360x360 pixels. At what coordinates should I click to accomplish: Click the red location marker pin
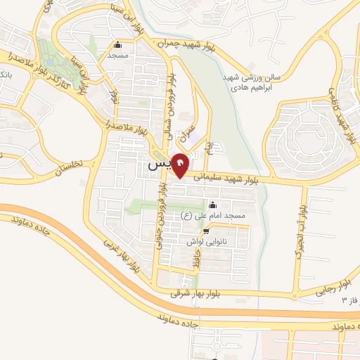(x=181, y=165)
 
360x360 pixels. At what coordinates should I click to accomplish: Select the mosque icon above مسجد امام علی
(x=213, y=205)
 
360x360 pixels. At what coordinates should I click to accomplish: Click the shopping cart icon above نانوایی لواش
(x=206, y=230)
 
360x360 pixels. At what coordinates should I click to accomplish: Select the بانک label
(x=5, y=73)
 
